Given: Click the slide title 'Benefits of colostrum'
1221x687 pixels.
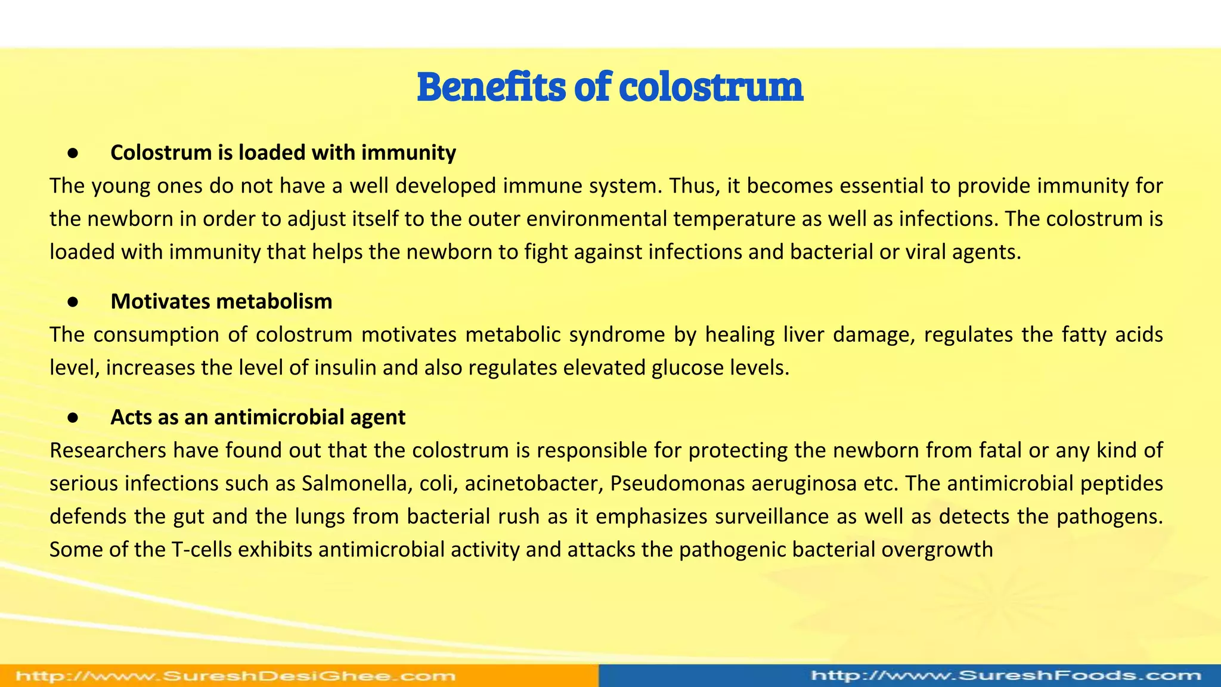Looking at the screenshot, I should (x=610, y=87).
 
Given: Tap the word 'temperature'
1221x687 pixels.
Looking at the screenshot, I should (x=734, y=219).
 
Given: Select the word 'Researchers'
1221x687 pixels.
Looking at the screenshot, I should (x=108, y=450).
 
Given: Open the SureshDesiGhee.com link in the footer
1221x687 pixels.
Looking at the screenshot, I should (x=235, y=676).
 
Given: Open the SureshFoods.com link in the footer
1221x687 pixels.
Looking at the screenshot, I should (x=1006, y=676).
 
